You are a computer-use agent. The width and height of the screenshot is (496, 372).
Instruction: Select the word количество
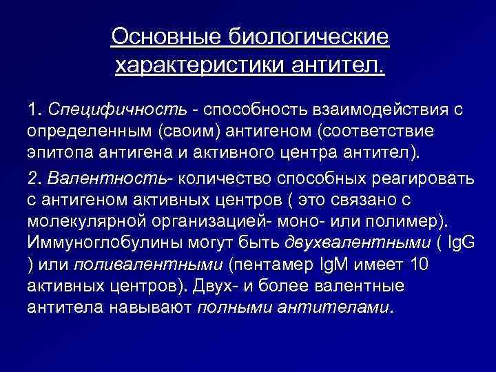coord(224,179)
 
